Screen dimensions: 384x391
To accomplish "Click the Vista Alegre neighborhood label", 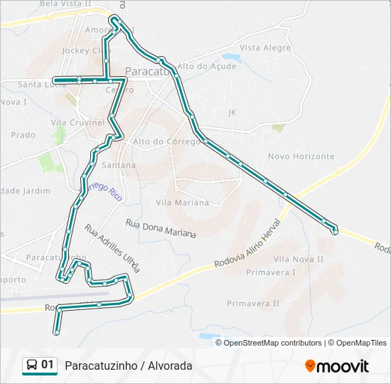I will tap(265, 48).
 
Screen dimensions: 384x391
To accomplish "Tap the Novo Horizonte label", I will tap(301, 156).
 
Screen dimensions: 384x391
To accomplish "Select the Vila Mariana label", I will tap(182, 203).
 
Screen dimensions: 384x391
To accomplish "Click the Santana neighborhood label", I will tap(119, 165).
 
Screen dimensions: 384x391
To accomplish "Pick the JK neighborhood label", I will tap(232, 112).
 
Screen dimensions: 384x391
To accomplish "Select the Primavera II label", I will tap(253, 303).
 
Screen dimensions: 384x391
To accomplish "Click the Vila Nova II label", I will tap(299, 260).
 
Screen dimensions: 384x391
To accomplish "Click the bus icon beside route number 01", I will tap(32, 365).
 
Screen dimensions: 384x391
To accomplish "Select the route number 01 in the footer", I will tap(48, 365).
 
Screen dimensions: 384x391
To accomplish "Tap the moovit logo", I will tap(337, 366).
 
